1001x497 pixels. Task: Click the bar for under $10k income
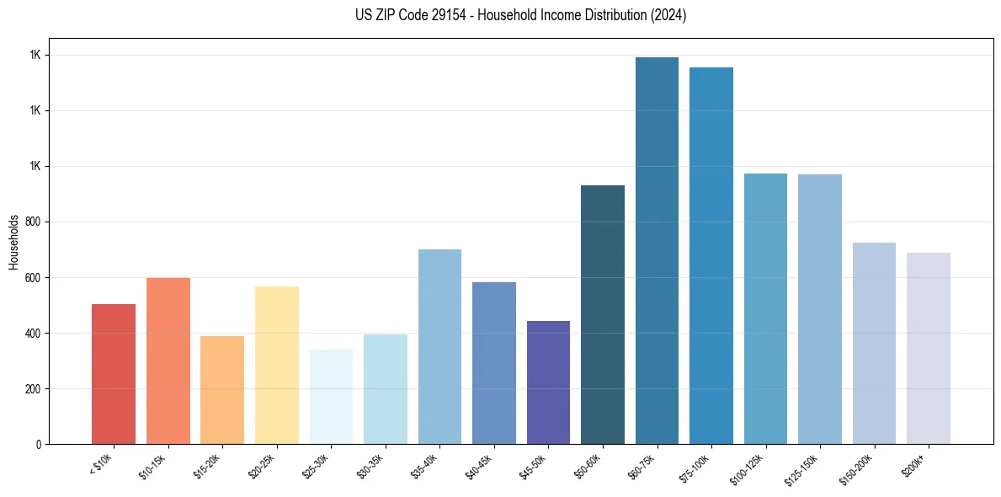[114, 374]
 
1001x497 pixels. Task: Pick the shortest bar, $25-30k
[331, 397]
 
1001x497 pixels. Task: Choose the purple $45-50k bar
[548, 382]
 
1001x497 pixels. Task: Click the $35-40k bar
[439, 346]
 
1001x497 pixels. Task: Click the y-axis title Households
[13, 242]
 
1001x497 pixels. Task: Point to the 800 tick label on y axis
[34, 222]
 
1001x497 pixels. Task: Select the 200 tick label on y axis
[34, 389]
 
